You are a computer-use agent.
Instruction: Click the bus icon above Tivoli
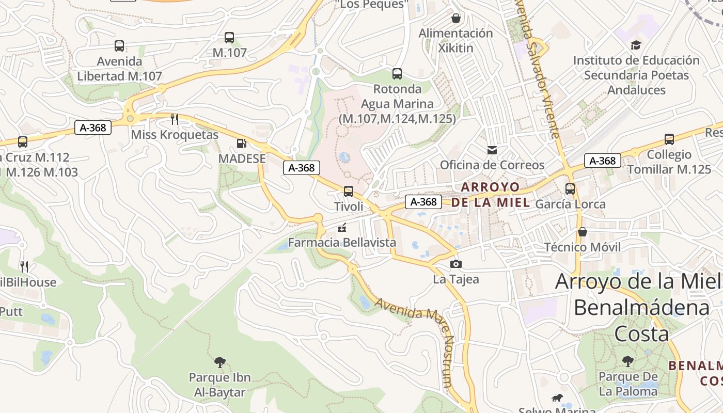click(349, 192)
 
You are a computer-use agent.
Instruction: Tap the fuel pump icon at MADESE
click(241, 144)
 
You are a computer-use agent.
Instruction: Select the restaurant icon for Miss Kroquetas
click(175, 119)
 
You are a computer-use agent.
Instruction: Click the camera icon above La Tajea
click(455, 264)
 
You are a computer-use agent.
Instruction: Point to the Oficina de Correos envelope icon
click(492, 150)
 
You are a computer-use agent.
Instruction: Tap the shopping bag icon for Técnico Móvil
click(583, 232)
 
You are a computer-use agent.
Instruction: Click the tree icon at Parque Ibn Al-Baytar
click(219, 362)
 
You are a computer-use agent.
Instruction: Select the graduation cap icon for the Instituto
click(636, 45)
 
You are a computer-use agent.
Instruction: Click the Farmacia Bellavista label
click(342, 242)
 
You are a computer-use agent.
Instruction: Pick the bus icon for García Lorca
click(570, 189)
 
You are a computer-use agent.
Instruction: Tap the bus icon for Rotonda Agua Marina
click(397, 74)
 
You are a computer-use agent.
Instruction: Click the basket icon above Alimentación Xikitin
click(455, 18)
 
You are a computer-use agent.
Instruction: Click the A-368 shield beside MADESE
click(302, 168)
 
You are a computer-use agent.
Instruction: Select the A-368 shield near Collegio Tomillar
click(603, 161)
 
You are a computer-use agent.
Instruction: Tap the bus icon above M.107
click(229, 38)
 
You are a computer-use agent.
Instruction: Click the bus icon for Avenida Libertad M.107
click(119, 46)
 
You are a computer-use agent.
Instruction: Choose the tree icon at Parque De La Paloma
click(628, 361)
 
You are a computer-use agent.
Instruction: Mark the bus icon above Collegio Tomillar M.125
click(669, 139)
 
